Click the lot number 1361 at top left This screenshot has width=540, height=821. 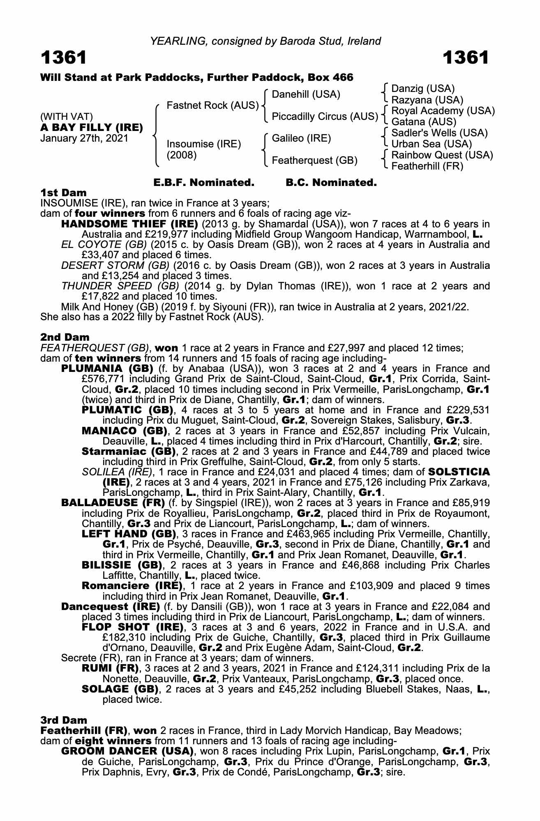64,58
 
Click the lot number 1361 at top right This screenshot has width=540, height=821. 465,58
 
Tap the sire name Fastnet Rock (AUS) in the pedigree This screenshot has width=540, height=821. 212,105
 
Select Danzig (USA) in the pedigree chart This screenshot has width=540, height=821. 423,89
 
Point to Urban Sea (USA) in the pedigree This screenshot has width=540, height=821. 432,144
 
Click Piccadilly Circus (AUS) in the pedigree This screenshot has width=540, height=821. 325,117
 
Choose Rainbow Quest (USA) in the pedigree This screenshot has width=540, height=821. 442,155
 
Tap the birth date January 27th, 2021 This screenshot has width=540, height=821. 84,138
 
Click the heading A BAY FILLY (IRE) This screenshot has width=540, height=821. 92,128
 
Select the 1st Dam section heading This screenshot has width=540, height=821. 64,193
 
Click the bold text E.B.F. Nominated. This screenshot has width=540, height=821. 204,183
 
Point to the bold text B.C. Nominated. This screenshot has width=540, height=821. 331,183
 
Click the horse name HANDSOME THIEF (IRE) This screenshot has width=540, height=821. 129,224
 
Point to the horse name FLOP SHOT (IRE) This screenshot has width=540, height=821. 132,627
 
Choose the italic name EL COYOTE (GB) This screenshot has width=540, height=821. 104,245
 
